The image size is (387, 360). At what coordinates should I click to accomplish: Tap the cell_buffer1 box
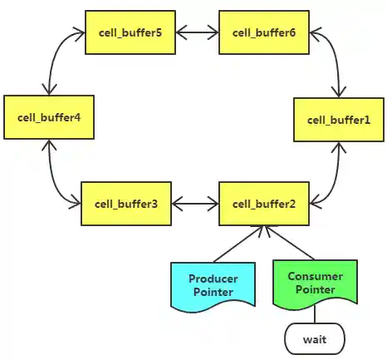pyautogui.click(x=339, y=119)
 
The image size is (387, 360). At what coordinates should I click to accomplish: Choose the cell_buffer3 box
pyautogui.click(x=125, y=204)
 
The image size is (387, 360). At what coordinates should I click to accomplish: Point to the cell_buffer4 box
pyautogui.click(x=47, y=117)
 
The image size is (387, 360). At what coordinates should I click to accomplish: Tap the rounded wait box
pyautogui.click(x=314, y=339)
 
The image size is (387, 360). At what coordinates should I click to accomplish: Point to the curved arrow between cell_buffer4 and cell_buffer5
pyautogui.click(x=56, y=57)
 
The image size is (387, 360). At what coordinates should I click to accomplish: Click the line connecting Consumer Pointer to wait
pyautogui.click(x=314, y=314)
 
